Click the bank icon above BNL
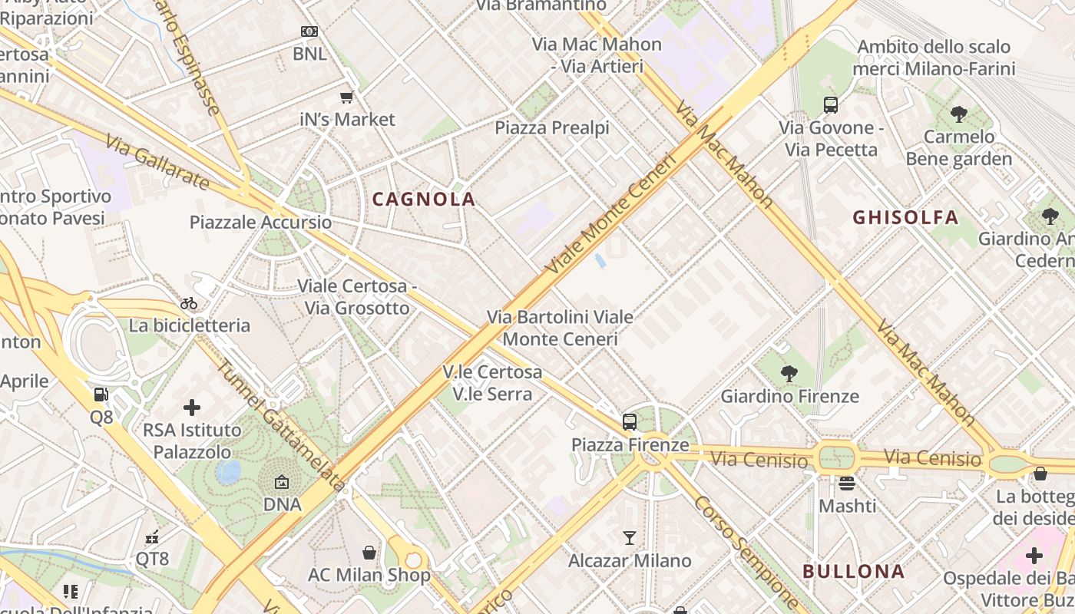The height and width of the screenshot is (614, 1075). (309, 31)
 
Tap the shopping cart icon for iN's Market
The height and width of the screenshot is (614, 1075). (346, 97)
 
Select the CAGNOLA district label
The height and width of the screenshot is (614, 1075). (424, 200)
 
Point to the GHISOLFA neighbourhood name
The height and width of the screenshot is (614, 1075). (905, 217)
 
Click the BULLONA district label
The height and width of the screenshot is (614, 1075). (853, 571)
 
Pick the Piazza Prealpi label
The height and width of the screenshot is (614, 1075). (552, 127)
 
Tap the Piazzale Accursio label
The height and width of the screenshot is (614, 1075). (261, 223)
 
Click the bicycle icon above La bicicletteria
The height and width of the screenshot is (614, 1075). (189, 303)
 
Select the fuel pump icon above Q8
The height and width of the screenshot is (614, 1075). (101, 394)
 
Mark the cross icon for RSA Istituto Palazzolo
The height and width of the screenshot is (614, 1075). (192, 407)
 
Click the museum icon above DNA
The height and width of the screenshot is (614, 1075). (282, 483)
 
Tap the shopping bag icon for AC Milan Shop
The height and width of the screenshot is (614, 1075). (369, 553)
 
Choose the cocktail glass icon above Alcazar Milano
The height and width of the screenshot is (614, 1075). (630, 537)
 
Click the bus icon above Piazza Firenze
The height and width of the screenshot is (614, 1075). (630, 421)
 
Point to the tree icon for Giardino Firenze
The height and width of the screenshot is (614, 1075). (789, 374)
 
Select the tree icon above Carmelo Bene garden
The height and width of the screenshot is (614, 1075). (958, 114)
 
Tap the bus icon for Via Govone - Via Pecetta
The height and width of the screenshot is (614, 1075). (831, 104)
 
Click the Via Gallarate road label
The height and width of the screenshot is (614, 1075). (157, 163)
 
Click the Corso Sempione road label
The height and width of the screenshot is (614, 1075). (746, 552)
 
